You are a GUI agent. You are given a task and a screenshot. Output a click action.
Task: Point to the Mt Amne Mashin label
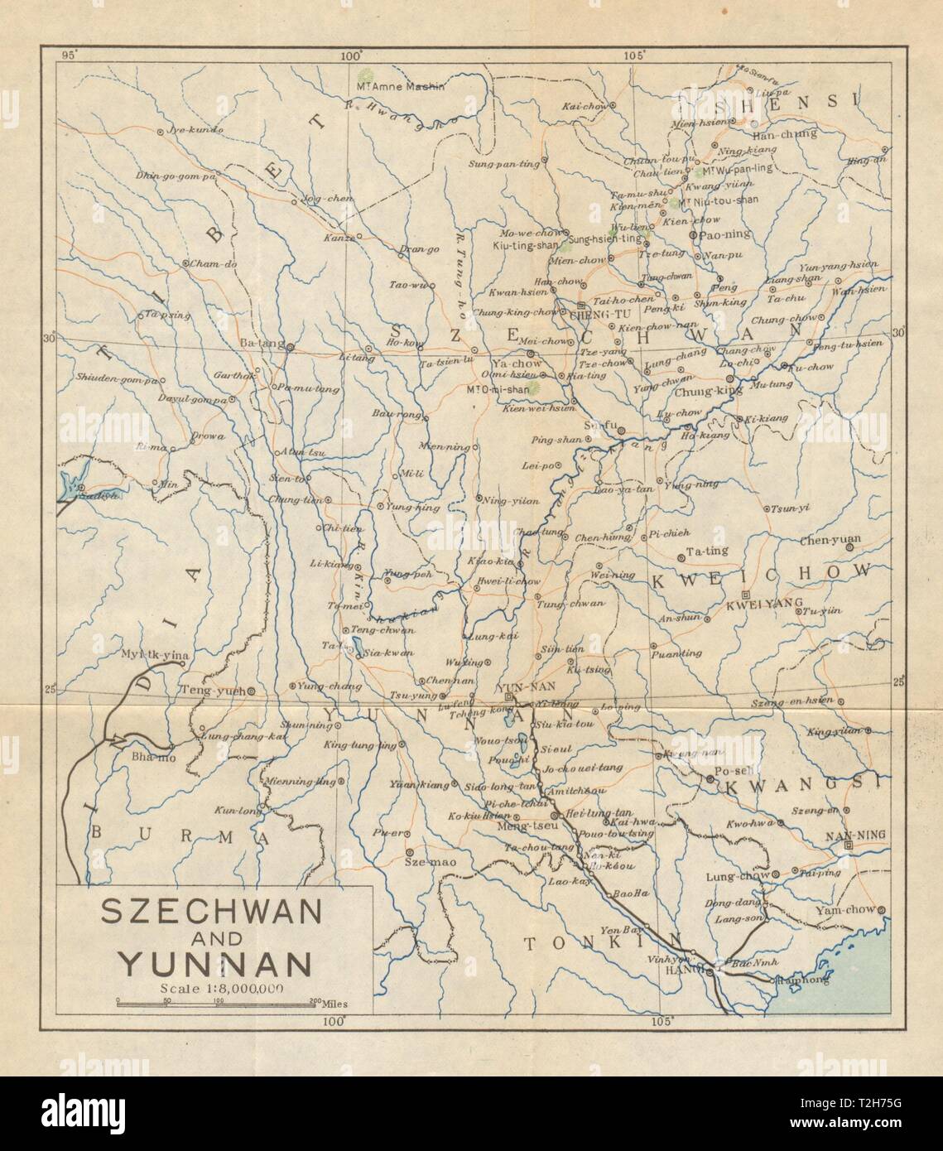400,86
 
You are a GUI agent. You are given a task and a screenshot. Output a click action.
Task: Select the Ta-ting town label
708,548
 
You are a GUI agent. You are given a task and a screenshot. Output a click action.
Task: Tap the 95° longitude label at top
71,55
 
